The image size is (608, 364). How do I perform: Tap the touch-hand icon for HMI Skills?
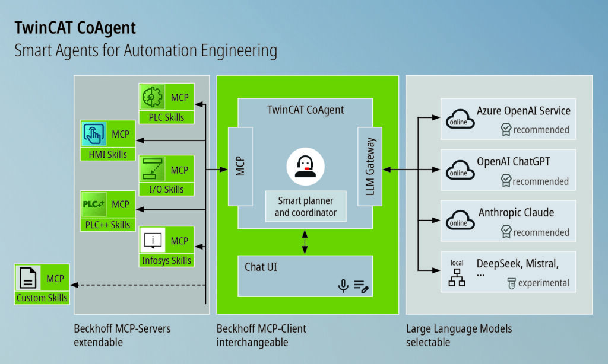(x=94, y=133)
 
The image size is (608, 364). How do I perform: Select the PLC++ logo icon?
(x=94, y=204)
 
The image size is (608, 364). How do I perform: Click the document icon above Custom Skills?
(x=27, y=279)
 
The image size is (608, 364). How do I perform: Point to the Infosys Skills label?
(x=167, y=260)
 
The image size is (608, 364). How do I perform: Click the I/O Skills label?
(x=167, y=189)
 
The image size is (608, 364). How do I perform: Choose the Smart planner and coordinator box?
(x=305, y=207)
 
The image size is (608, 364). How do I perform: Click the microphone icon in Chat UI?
(x=343, y=286)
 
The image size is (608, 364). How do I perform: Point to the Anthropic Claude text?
(x=516, y=213)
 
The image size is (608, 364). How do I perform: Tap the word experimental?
(x=543, y=283)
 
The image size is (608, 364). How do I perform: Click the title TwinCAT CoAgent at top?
(x=75, y=28)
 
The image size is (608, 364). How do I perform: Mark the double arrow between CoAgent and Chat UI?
(x=305, y=242)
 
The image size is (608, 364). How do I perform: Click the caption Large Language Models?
(x=458, y=328)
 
